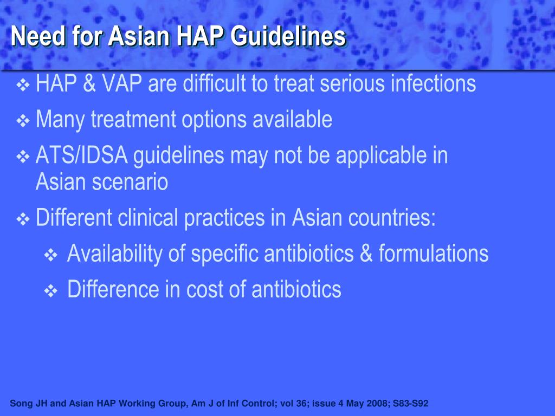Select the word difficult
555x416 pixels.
pyautogui.click(x=216, y=84)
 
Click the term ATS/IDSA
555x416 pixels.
pyautogui.click(x=82, y=156)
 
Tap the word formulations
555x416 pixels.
pyautogui.click(x=434, y=253)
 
